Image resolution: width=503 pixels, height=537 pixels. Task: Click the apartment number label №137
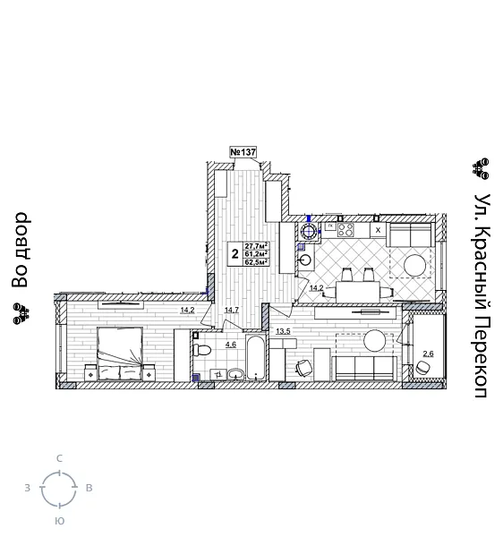tap(243, 152)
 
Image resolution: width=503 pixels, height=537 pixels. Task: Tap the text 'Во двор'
tap(21, 250)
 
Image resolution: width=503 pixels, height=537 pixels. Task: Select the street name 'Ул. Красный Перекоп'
tap(481, 294)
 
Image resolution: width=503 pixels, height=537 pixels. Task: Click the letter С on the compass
tap(59, 458)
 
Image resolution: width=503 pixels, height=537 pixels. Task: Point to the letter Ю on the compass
tap(59, 520)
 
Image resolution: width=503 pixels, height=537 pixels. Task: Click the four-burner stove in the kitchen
tap(345, 229)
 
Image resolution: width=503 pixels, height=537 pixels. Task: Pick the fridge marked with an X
tap(378, 229)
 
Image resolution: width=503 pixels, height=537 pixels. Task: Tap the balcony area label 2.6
tap(428, 354)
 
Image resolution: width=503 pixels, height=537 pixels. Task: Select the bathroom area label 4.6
tap(230, 345)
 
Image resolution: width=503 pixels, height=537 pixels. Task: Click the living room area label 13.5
tap(283, 331)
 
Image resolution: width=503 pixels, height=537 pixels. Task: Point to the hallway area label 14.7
tap(232, 310)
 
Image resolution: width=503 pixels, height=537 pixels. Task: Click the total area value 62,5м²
tap(257, 262)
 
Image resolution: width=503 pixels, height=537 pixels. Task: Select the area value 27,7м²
tap(257, 246)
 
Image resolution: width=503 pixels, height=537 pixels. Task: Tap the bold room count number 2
tap(234, 254)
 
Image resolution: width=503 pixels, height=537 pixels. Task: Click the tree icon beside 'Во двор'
tap(20, 311)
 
